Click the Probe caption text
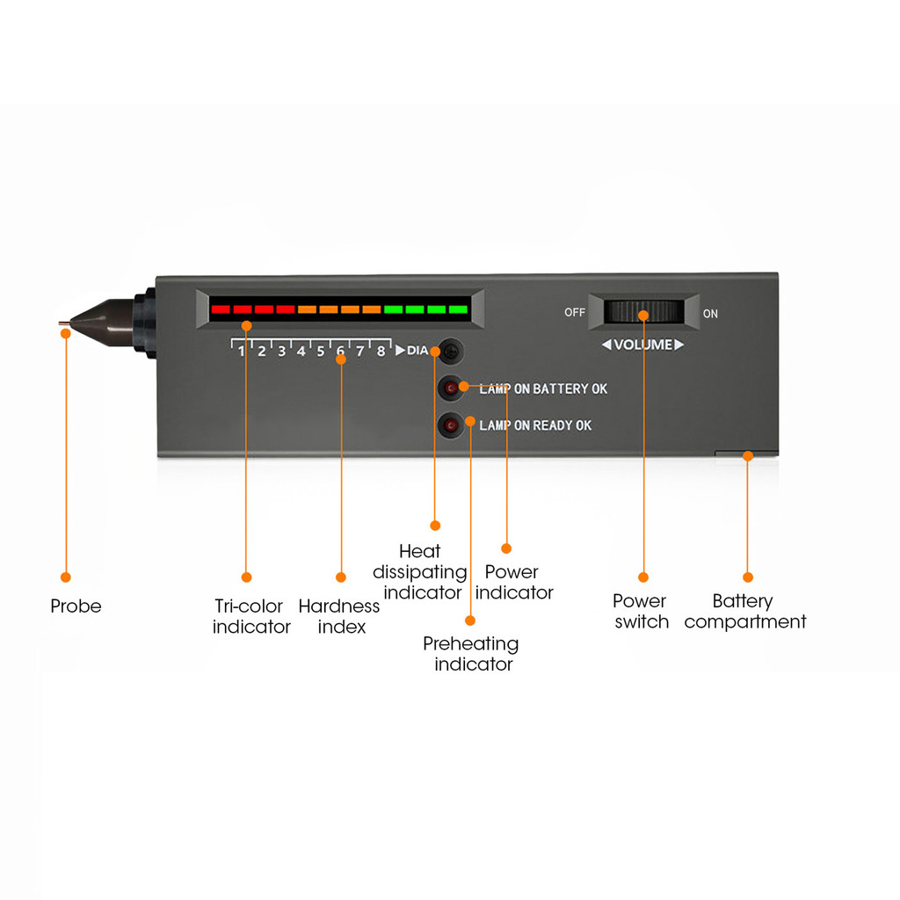coord(76,606)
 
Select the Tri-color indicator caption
coord(251,616)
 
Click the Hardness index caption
coord(339,616)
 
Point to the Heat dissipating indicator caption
coord(420,572)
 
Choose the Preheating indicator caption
coord(472,654)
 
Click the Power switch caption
coord(641,611)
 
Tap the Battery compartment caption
coord(745,611)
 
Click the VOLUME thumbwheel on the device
coord(644,313)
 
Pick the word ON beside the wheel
coord(710,314)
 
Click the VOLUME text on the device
coord(642,345)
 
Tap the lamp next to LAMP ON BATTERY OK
coord(451,388)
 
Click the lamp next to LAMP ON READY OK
coord(451,425)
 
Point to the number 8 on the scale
coord(380,352)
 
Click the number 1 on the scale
coord(241,352)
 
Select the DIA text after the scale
coord(417,351)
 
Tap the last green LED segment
coord(458,309)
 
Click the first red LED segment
coord(221,309)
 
